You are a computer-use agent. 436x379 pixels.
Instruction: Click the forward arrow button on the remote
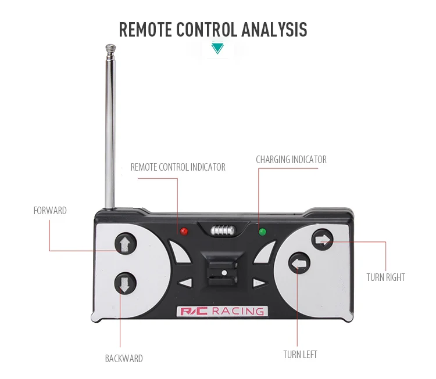pyautogui.click(x=123, y=243)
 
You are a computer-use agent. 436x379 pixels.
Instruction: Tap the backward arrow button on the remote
pyautogui.click(x=123, y=284)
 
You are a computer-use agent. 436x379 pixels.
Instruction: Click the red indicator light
pyautogui.click(x=184, y=232)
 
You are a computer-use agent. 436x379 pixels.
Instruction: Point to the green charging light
pyautogui.click(x=262, y=232)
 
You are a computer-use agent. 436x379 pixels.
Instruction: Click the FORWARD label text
pyautogui.click(x=50, y=211)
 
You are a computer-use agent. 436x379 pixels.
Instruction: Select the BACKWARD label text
pyautogui.click(x=124, y=359)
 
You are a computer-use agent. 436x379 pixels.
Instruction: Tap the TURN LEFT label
pyautogui.click(x=300, y=355)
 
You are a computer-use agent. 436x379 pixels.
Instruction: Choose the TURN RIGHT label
pyautogui.click(x=385, y=277)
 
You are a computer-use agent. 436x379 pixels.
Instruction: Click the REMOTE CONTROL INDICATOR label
pyautogui.click(x=178, y=167)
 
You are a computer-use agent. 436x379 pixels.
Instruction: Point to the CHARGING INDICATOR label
pyautogui.click(x=291, y=160)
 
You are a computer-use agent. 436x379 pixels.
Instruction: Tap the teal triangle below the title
pyautogui.click(x=217, y=49)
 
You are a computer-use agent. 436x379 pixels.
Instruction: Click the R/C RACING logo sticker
pyautogui.click(x=221, y=312)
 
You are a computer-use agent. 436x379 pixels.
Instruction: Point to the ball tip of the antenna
pyautogui.click(x=109, y=46)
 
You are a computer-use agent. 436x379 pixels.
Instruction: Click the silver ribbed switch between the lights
pyautogui.click(x=223, y=230)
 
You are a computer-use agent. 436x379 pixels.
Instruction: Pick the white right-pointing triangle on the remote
pyautogui.click(x=259, y=284)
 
